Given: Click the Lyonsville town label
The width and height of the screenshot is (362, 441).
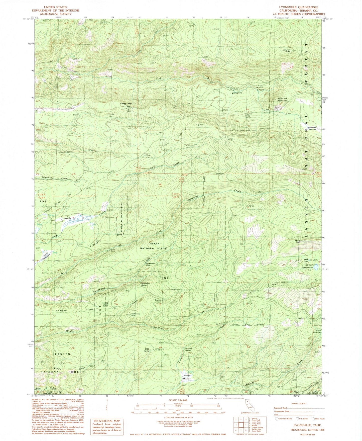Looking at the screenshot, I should coord(67,218).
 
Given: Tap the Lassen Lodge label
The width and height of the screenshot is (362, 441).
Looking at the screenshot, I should coord(126,104).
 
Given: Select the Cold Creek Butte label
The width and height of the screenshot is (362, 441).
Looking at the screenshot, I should coord(282,99).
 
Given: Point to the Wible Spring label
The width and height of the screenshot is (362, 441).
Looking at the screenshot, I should coord(147,349).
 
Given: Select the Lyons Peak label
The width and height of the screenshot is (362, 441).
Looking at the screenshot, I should coord(297,241).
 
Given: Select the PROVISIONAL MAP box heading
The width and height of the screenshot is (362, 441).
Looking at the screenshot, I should coord(103,421).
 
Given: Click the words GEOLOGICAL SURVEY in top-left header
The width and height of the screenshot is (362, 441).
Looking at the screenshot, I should coord(55,14).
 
